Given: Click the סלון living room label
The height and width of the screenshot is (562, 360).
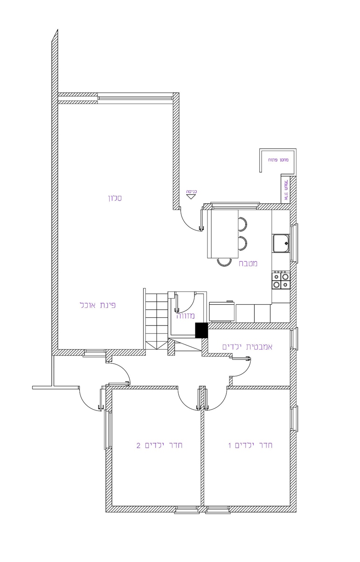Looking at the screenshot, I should coord(115,198).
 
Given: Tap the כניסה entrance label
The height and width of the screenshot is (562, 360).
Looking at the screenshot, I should coord(192,191).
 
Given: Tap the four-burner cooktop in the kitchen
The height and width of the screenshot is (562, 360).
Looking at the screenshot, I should coord(280,281).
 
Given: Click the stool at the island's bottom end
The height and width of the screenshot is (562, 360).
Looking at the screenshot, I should coord(223,262).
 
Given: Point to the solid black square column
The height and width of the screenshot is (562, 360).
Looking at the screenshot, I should coord(201,330).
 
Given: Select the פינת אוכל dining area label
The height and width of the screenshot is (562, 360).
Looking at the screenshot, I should coord(98,305).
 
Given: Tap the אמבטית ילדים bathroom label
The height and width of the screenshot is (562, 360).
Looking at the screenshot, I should coord(247,347).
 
